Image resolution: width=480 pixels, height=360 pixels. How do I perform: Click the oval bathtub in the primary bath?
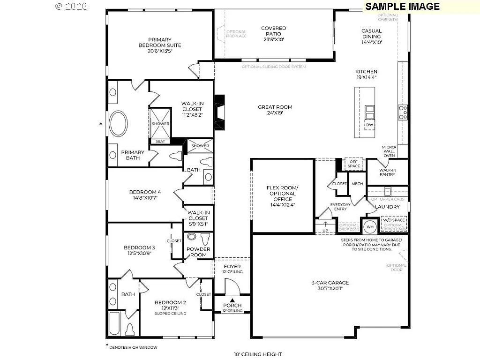tap(119, 124)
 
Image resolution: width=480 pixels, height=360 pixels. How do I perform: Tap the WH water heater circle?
tap(370, 227)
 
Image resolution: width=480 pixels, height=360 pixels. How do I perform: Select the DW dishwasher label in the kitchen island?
tap(370, 125)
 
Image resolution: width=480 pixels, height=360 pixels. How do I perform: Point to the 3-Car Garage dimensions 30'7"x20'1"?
tap(330, 289)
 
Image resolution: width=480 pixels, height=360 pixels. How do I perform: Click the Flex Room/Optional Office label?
tap(282, 196)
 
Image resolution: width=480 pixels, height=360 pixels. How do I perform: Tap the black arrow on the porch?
tap(232, 300)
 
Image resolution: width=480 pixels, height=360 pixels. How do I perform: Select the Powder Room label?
tap(198, 252)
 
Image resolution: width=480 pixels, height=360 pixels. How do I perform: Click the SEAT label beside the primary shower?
tap(160, 141)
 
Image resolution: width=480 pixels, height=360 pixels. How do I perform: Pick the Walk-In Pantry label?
tap(387, 172)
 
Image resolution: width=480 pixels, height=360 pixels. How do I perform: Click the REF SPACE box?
tap(354, 164)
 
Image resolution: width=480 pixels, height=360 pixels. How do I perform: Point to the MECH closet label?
tap(357, 184)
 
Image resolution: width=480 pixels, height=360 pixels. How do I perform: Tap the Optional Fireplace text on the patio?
tap(236, 34)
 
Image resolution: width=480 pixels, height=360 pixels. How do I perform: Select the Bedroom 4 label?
tap(145, 195)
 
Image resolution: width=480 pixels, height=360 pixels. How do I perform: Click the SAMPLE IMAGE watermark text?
tap(402, 6)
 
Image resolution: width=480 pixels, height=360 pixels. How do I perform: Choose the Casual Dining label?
tap(371, 37)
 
